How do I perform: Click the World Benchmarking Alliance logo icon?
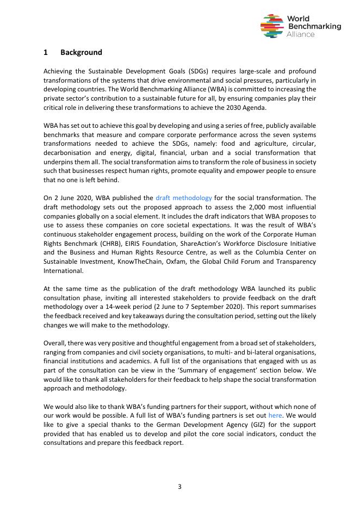(271, 26)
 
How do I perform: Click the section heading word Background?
(81, 52)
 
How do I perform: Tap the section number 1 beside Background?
(46, 52)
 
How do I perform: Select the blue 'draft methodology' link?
(184, 198)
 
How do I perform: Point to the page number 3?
(179, 486)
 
